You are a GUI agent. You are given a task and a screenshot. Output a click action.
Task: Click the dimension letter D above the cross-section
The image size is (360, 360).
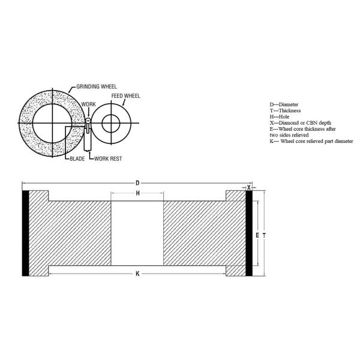click(137, 182)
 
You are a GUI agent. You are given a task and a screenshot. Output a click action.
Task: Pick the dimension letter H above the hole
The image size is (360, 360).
click(137, 193)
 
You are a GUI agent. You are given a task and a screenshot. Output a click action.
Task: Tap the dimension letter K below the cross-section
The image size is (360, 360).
click(137, 274)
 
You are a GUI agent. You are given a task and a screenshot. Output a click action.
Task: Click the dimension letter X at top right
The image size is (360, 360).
click(250, 187)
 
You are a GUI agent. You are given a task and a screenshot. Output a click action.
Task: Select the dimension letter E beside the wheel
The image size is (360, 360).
click(257, 235)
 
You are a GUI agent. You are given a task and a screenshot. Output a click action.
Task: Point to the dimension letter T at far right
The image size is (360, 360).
click(263, 235)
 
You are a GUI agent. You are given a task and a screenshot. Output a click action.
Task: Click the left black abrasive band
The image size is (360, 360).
click(26, 233)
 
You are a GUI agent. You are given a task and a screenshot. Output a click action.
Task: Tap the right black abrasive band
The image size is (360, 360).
click(249, 233)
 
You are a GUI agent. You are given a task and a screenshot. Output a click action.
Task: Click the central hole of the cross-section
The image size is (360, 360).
click(137, 233)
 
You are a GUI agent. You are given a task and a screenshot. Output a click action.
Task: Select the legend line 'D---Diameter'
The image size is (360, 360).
click(286, 104)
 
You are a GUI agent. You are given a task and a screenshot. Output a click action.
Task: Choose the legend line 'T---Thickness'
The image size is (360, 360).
click(286, 110)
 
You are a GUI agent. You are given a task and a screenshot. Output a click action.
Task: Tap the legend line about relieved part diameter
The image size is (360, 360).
click(311, 141)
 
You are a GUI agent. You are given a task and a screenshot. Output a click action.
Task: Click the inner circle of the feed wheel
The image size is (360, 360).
click(110, 124)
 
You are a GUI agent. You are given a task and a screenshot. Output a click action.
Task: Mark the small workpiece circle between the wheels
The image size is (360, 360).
click(88, 121)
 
